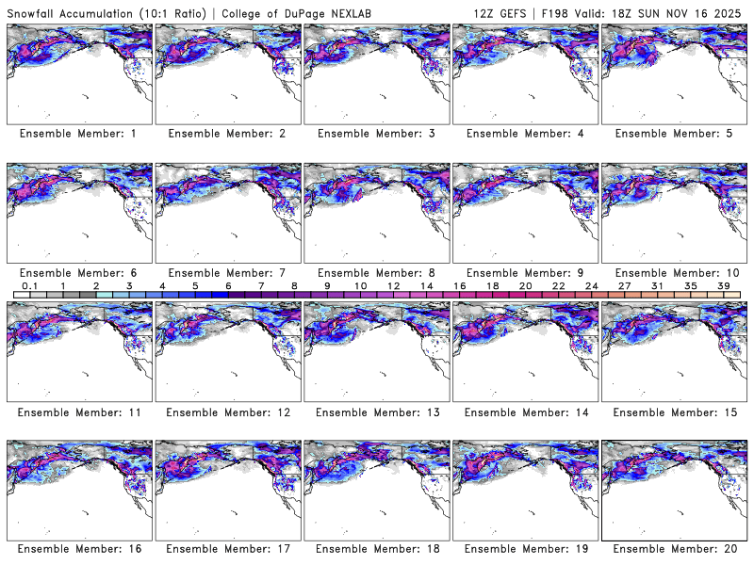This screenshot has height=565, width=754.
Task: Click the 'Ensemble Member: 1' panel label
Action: click(x=77, y=134)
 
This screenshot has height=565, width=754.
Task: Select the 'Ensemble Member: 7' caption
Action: click(x=226, y=272)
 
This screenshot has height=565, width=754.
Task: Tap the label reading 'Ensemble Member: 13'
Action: click(x=375, y=412)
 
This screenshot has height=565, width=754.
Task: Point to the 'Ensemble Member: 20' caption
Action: click(x=673, y=549)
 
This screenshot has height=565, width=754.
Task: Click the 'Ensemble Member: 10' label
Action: click(x=673, y=272)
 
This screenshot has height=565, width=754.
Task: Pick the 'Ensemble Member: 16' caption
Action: click(x=77, y=549)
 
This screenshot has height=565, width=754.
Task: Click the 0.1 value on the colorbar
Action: click(x=29, y=285)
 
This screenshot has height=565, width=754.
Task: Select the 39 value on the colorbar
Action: click(x=724, y=285)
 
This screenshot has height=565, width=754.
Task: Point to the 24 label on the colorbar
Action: click(x=592, y=285)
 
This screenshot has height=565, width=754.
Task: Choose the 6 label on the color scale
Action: click(x=228, y=285)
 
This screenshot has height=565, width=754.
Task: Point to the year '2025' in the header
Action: click(x=729, y=11)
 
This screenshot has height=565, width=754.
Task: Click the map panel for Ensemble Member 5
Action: click(x=673, y=73)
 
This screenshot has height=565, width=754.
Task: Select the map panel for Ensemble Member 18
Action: click(x=375, y=489)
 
